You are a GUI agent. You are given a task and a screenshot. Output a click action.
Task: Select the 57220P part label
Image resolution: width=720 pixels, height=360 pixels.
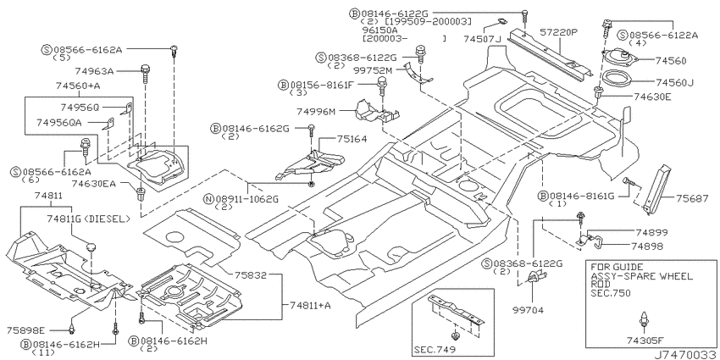point(558,32)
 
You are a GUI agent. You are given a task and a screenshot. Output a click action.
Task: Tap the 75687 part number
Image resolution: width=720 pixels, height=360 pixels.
point(692,198)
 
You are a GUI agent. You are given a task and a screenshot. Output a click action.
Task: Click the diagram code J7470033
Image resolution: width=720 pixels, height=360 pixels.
point(685,355)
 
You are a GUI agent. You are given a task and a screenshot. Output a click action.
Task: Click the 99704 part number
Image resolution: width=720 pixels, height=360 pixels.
point(528,310)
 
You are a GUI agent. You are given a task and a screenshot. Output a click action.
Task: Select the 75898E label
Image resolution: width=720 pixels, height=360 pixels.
point(26,330)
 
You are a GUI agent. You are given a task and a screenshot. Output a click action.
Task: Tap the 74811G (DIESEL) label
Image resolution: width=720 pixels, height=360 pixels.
point(89,219)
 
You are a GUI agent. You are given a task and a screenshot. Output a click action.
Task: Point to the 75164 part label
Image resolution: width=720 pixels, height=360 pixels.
point(352,139)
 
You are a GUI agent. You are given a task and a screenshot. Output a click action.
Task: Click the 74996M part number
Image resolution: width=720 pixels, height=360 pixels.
point(315,111)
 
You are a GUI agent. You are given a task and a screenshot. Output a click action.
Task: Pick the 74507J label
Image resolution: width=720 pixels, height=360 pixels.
point(482,39)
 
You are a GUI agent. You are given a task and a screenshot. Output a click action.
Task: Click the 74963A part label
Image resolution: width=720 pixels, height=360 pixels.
point(94,71)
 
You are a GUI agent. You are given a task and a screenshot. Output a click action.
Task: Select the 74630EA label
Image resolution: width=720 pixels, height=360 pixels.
point(93,184)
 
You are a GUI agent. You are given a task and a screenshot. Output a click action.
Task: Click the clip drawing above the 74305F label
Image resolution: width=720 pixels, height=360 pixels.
point(645,319)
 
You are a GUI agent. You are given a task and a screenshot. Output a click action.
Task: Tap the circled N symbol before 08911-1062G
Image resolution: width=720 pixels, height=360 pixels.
point(209,199)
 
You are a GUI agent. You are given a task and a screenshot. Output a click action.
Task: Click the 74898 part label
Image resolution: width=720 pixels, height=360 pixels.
point(647,246)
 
